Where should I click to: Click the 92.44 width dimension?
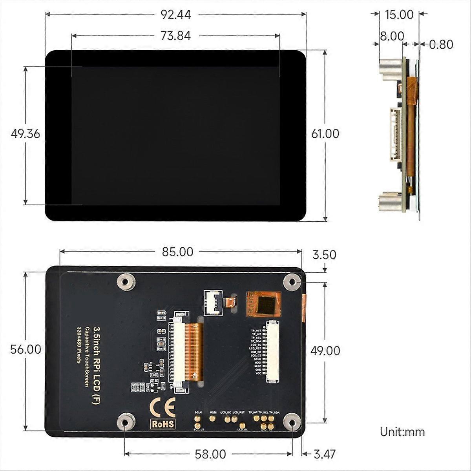175,15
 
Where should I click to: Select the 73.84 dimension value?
175,36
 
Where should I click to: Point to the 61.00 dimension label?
325,134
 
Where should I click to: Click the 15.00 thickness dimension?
399,15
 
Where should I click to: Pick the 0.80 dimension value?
441,44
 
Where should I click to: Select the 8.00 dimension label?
391,36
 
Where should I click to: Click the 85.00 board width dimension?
178,252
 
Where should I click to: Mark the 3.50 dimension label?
324,255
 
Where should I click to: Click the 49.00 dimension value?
325,351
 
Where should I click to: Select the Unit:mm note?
402,432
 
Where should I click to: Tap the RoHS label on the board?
162,424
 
